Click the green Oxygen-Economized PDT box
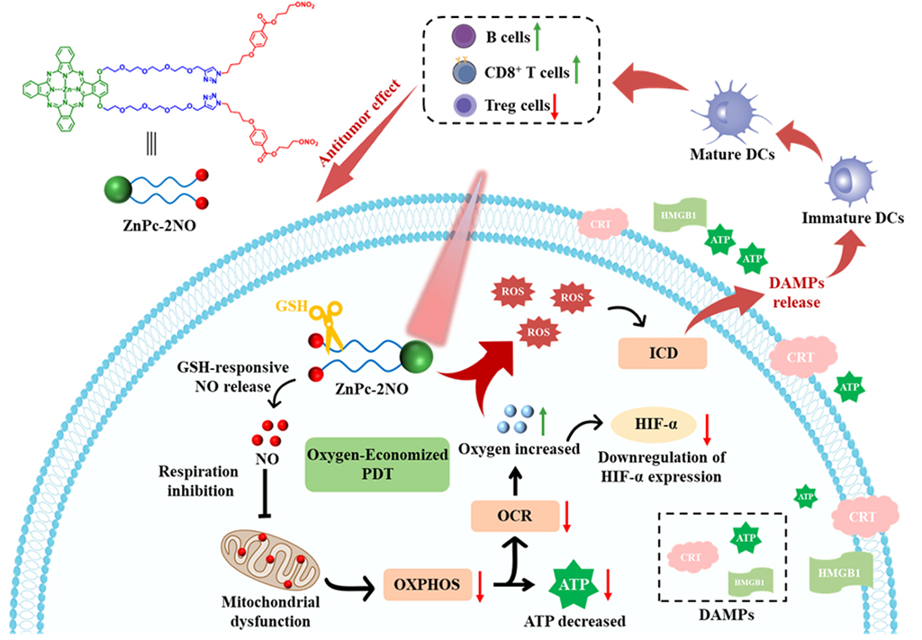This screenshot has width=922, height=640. click(377, 464)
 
